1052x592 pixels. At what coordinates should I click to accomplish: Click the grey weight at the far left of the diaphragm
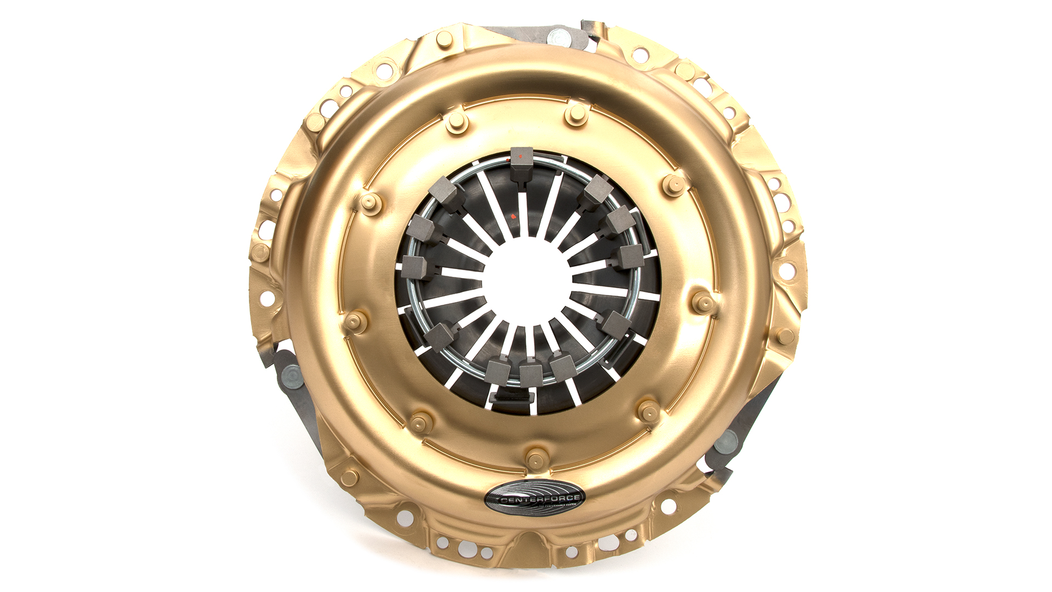pos(415,267)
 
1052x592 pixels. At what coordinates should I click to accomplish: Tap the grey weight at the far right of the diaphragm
pos(632,256)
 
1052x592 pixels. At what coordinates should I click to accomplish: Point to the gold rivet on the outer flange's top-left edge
pos(443,39)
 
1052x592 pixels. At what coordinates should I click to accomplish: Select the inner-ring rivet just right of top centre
pos(576,114)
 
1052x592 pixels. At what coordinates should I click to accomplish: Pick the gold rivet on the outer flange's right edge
pos(785,335)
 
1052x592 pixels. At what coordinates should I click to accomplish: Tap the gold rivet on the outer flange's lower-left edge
pos(348,478)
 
